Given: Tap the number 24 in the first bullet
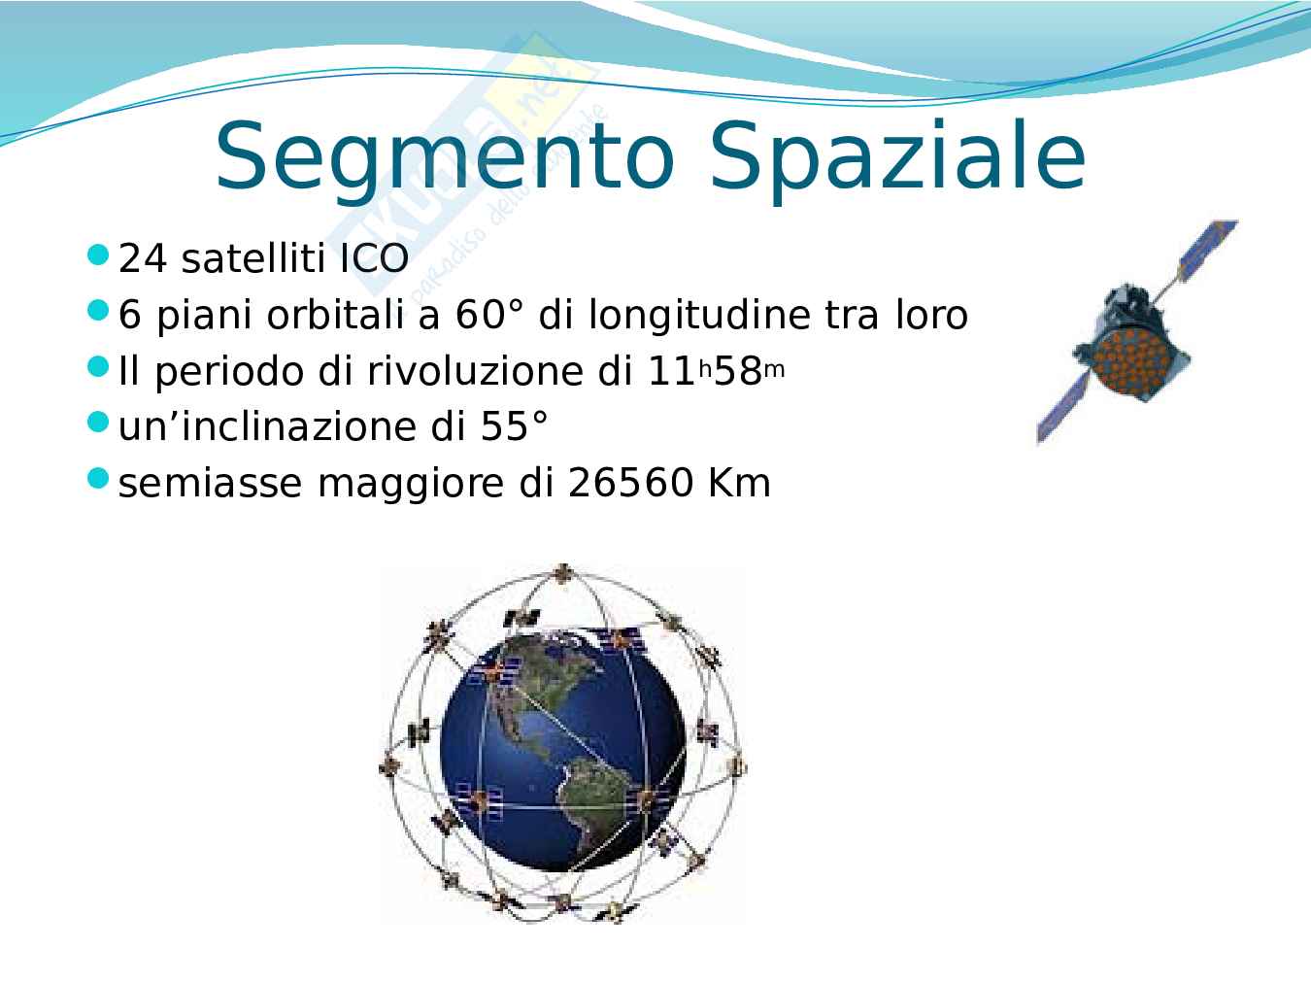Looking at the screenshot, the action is pyautogui.click(x=143, y=258).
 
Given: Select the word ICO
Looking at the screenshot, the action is pyautogui.click(x=374, y=258).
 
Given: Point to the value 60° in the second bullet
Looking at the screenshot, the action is pyautogui.click(x=489, y=315).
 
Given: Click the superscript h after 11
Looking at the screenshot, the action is pyautogui.click(x=705, y=369).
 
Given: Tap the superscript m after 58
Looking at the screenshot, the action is pyautogui.click(x=774, y=370).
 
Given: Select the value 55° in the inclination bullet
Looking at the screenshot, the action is pyautogui.click(x=515, y=426).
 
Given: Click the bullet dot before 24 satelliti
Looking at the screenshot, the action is pyautogui.click(x=98, y=254).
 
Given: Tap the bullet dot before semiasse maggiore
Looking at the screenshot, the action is pyautogui.click(x=98, y=478).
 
